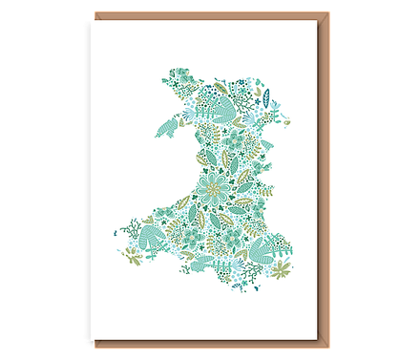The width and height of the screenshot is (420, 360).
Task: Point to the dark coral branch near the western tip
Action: coord(123,233)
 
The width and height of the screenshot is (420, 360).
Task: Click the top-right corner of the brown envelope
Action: coord(331,11)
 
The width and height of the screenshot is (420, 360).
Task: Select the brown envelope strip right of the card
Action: coord(324,181)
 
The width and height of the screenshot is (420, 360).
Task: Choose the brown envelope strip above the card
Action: coord(210,13)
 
